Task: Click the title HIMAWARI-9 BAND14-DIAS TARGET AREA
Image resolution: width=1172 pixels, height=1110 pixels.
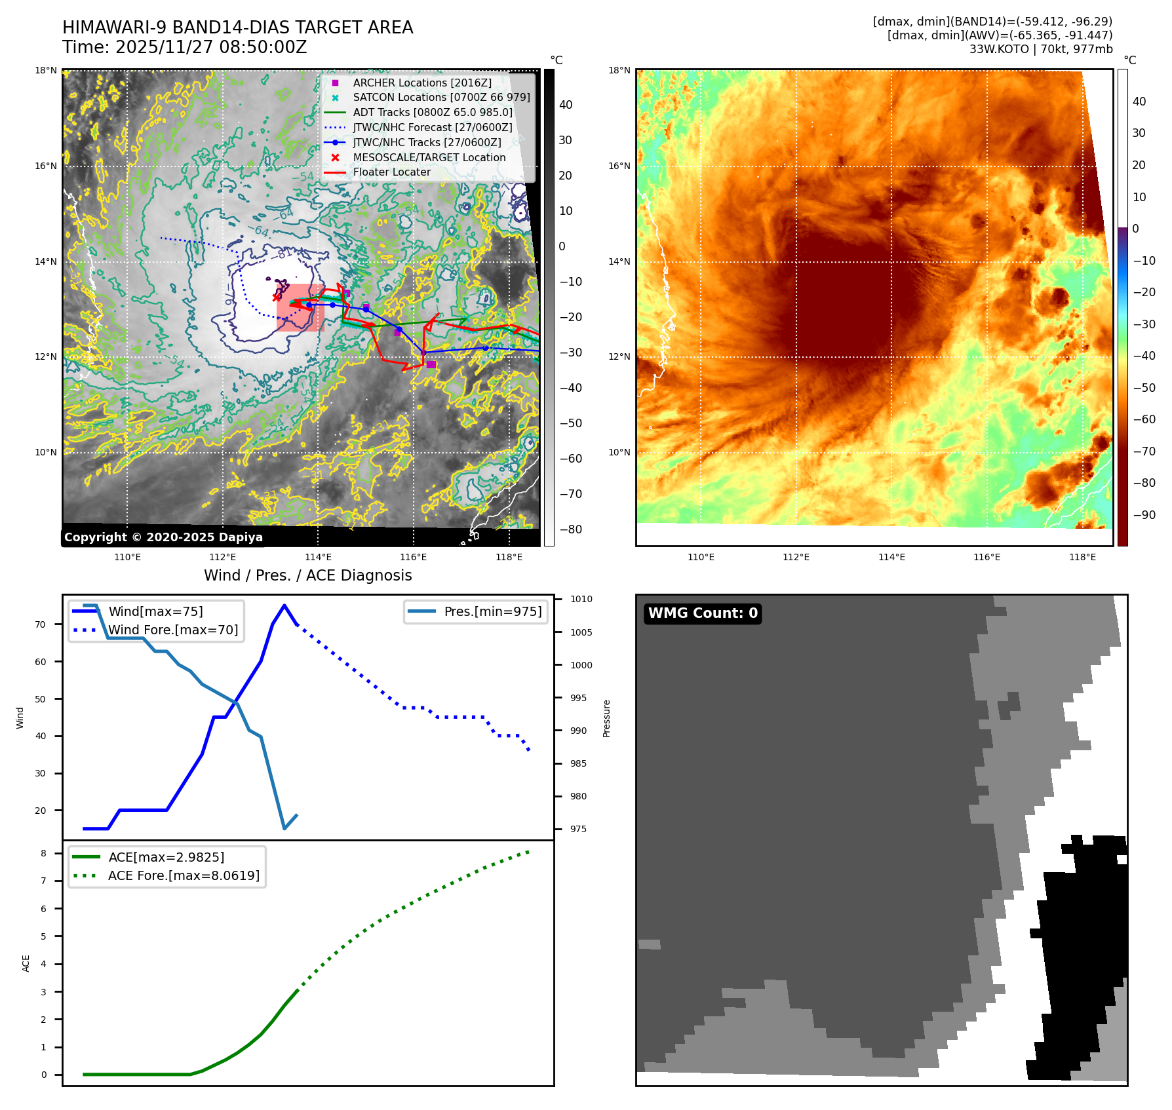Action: click(237, 28)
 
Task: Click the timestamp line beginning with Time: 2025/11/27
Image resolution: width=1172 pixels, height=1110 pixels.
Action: click(184, 47)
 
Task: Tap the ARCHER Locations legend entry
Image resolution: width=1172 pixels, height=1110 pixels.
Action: click(421, 83)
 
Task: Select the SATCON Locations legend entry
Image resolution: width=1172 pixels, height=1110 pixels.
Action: click(441, 97)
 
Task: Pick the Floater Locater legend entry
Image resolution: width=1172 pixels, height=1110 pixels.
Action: click(391, 172)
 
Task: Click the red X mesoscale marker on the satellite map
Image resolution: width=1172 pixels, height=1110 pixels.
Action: click(276, 297)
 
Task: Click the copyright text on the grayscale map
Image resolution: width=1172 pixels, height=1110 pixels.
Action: click(163, 537)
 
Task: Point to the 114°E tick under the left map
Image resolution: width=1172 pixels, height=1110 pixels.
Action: click(318, 557)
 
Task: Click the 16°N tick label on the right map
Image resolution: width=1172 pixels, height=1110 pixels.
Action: click(618, 166)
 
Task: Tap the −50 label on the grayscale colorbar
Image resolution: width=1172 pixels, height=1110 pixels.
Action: click(570, 423)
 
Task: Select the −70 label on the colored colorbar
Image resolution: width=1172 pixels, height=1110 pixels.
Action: click(1144, 451)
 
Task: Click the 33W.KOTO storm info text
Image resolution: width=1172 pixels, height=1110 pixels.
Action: click(1040, 49)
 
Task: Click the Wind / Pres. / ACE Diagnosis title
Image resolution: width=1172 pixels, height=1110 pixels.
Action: click(307, 575)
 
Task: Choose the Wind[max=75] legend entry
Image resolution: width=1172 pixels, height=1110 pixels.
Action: click(155, 611)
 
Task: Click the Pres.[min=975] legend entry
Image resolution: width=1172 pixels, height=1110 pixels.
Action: click(492, 611)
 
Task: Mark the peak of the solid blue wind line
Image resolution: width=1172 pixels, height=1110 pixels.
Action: click(284, 605)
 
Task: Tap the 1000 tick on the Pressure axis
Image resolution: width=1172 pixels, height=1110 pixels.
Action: click(581, 665)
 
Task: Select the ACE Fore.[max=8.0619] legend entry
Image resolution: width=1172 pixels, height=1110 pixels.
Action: click(184, 875)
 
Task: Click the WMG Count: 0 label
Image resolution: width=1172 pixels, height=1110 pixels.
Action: click(703, 613)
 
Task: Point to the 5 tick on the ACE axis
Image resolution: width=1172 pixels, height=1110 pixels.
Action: click(44, 936)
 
